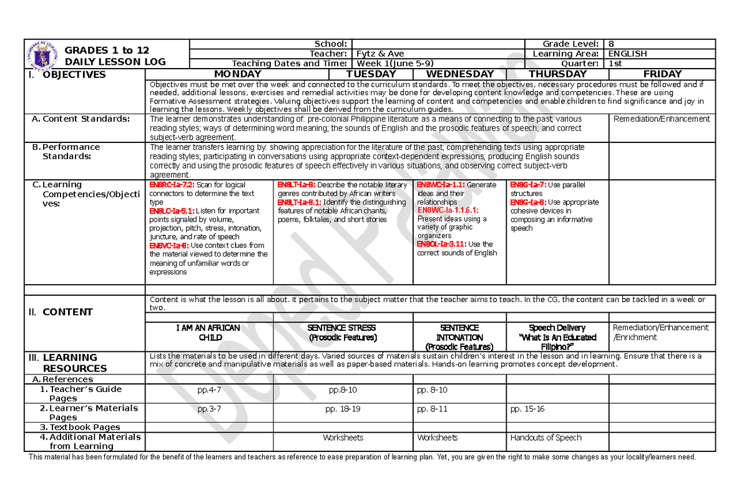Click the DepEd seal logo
pyautogui.click(x=43, y=55)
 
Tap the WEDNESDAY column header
pyautogui.click(x=459, y=74)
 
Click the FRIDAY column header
pyautogui.click(x=662, y=74)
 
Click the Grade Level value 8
pyautogui.click(x=611, y=44)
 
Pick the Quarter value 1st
pyautogui.click(x=615, y=63)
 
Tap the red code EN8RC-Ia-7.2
pyautogui.click(x=172, y=185)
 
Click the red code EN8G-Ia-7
pyautogui.click(x=527, y=185)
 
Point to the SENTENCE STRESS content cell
pyautogui.click(x=342, y=332)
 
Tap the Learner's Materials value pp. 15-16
pyautogui.click(x=527, y=409)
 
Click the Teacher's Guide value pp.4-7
pyautogui.click(x=209, y=390)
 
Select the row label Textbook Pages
pyautogui.click(x=84, y=427)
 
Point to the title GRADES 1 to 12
pyautogui.click(x=106, y=50)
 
